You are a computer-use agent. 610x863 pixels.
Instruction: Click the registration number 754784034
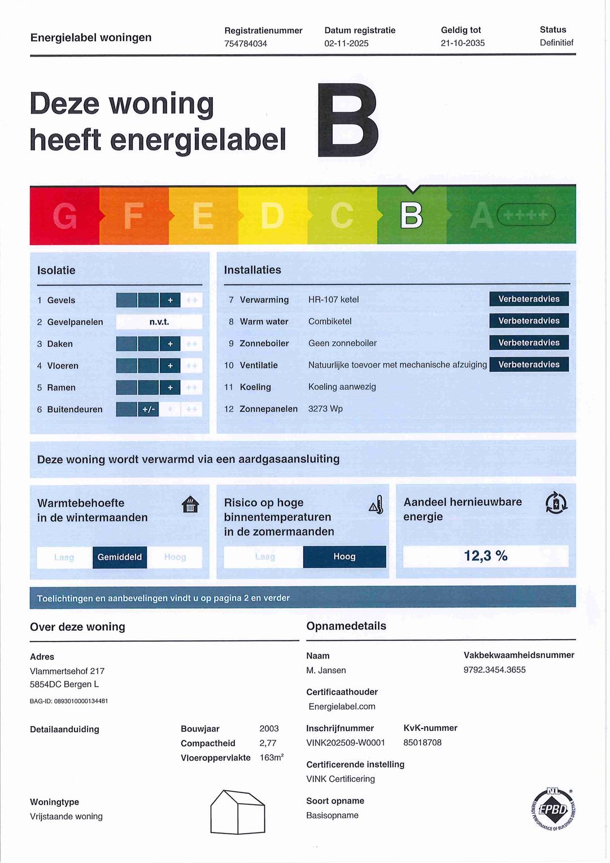pyautogui.click(x=246, y=44)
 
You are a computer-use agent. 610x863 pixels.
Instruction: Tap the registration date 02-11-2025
pyautogui.click(x=346, y=44)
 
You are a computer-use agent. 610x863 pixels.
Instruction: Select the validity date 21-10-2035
pyautogui.click(x=463, y=43)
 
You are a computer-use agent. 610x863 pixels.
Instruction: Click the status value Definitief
pyautogui.click(x=556, y=42)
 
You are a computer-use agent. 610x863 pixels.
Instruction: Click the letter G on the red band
pyautogui.click(x=64, y=216)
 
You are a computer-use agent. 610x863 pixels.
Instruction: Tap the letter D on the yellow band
pyautogui.click(x=272, y=216)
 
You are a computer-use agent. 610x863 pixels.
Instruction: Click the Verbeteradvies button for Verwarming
pyautogui.click(x=529, y=299)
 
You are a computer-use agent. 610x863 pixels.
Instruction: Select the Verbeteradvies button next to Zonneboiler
pyautogui.click(x=529, y=342)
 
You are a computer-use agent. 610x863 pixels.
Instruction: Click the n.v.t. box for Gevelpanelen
pyautogui.click(x=159, y=322)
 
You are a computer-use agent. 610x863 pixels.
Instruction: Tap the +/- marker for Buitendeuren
pyautogui.click(x=149, y=409)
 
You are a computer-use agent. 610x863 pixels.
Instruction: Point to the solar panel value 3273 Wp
pyautogui.click(x=325, y=409)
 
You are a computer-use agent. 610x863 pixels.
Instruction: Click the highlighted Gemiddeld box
pyautogui.click(x=120, y=557)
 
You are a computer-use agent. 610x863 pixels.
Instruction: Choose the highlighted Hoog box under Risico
pyautogui.click(x=345, y=557)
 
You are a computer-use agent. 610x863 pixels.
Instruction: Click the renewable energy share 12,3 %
pyautogui.click(x=486, y=556)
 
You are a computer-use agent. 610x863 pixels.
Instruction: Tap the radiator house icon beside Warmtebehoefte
pyautogui.click(x=191, y=504)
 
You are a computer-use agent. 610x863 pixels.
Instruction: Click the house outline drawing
pyautogui.click(x=238, y=812)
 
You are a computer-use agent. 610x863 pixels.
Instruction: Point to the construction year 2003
pyautogui.click(x=269, y=729)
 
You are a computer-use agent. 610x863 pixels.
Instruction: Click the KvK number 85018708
pyautogui.click(x=422, y=743)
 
